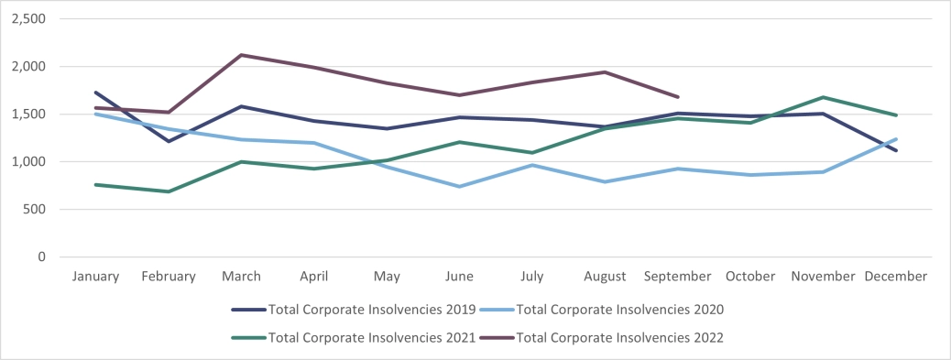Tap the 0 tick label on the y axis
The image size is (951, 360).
pyautogui.click(x=40, y=257)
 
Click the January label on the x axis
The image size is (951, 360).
pyautogui.click(x=96, y=276)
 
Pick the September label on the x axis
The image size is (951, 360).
pyautogui.click(x=678, y=276)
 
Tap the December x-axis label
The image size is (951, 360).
pyautogui.click(x=896, y=276)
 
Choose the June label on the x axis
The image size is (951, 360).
pyautogui.click(x=460, y=276)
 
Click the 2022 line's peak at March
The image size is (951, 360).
pyautogui.click(x=242, y=55)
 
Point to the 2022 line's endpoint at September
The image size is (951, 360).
pyautogui.click(x=678, y=97)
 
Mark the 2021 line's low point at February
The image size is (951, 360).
pyautogui.click(x=169, y=191)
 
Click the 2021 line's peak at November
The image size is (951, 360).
pyautogui.click(x=824, y=97)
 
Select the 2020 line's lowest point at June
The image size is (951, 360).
pyautogui.click(x=460, y=186)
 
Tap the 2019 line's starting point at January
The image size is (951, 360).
pyautogui.click(x=96, y=93)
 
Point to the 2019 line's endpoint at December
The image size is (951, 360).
pyautogui.click(x=896, y=150)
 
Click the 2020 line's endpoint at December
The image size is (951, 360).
pyautogui.click(x=896, y=139)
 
